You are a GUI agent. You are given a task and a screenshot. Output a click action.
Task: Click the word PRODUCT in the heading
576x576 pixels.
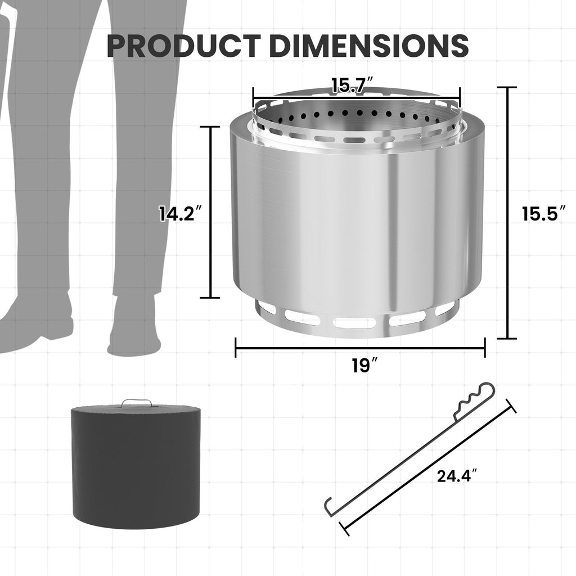pos(184,46)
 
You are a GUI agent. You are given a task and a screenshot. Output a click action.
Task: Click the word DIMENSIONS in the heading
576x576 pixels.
pos(369,46)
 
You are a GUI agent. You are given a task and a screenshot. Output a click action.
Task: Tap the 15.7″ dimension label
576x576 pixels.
pos(353,85)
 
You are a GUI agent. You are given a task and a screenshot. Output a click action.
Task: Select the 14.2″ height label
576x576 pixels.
pos(180,213)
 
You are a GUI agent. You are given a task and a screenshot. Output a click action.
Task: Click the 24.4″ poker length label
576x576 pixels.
pos(457,476)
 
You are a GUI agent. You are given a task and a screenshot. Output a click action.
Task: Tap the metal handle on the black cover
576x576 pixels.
pos(136,403)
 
